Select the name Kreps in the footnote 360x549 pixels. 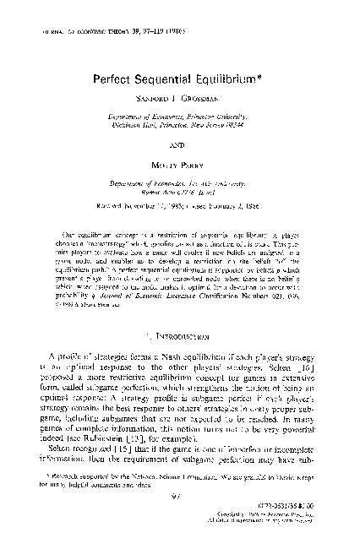click(308, 478)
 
